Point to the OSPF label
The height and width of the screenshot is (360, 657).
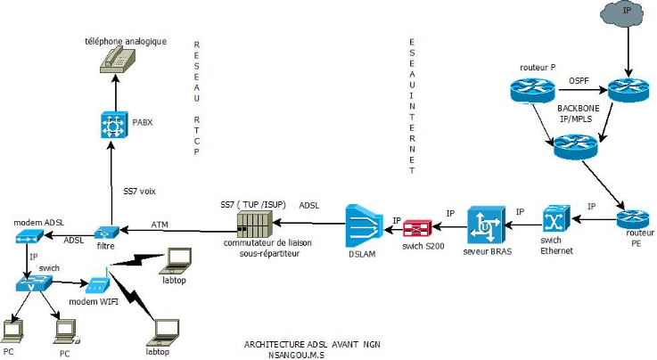pyautogui.click(x=581, y=80)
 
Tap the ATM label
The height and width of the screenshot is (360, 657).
pyautogui.click(x=160, y=225)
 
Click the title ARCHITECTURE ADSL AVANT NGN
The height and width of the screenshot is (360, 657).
pyautogui.click(x=312, y=343)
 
